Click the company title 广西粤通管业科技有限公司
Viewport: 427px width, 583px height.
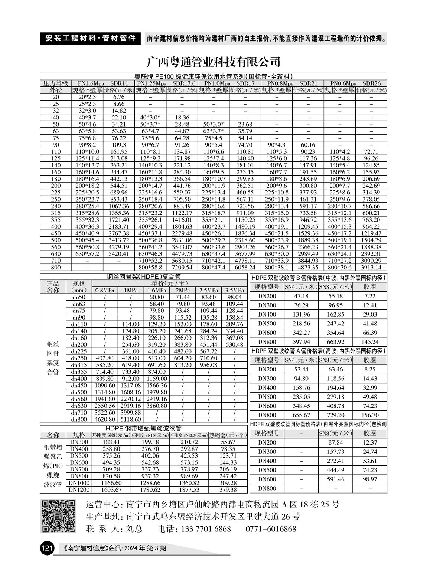click(213, 61)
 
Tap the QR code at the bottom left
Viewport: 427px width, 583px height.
click(58, 516)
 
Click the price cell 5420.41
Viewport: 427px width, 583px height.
click(119, 254)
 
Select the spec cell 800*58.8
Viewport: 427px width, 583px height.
click(150, 267)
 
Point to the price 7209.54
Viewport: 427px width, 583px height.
click(182, 267)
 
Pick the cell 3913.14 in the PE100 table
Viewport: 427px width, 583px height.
click(371, 267)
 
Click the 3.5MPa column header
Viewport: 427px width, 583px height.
click(235, 291)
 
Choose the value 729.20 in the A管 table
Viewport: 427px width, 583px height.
click(335, 415)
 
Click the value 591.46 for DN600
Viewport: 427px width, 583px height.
click(335, 479)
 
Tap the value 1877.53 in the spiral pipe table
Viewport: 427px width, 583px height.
click(189, 490)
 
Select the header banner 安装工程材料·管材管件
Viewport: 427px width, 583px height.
click(90, 38)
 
